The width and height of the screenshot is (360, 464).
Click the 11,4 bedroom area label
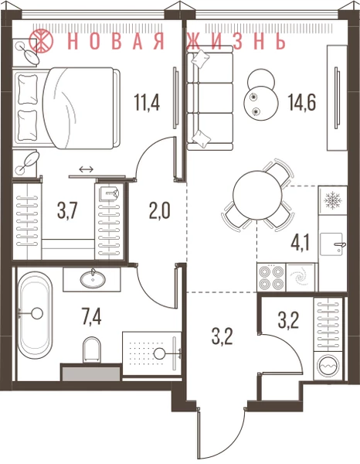[x=148, y=101]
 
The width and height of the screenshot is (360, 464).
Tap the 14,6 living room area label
[x=302, y=101]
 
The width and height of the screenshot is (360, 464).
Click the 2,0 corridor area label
[x=160, y=210]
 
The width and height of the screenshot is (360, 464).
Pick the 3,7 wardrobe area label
[x=67, y=210]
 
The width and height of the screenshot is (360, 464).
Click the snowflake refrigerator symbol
[x=333, y=200]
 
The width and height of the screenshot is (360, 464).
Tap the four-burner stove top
[x=271, y=278]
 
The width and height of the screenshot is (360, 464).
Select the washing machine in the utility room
[x=329, y=366]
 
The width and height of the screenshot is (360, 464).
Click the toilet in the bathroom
[x=91, y=350]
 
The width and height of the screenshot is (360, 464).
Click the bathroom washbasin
[x=93, y=278]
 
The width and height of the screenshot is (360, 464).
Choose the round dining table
[x=257, y=195]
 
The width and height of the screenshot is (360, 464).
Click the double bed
[x=66, y=108]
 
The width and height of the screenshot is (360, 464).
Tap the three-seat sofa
[x=210, y=98]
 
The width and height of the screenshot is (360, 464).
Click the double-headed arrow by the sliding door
[x=87, y=169]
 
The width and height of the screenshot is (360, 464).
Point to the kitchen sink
[x=332, y=244]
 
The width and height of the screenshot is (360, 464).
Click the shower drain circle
[x=161, y=353]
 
